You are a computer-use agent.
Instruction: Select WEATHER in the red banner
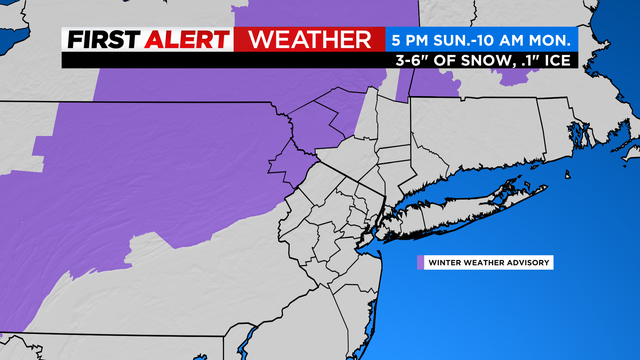(x=308, y=40)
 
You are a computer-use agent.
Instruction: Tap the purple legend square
(x=419, y=263)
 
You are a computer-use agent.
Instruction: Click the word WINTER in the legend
(x=445, y=263)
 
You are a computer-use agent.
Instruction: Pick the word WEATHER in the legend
(x=485, y=263)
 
